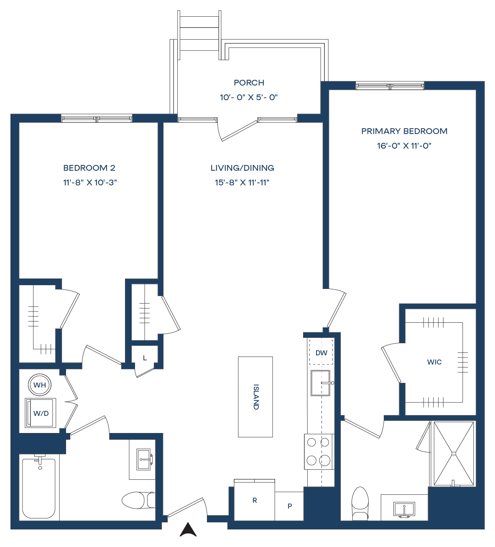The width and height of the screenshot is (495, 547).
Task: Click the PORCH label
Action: tap(249, 83)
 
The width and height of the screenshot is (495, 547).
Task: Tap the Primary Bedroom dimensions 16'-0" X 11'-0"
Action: tap(404, 146)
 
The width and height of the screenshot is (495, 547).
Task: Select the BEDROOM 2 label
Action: tap(89, 168)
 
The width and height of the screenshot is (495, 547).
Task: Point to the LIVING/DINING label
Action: tap(242, 168)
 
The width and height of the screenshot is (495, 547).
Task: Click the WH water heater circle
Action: tap(40, 385)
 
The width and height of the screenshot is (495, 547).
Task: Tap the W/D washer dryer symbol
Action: tap(41, 413)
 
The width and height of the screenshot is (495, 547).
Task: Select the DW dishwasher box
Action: tap(321, 352)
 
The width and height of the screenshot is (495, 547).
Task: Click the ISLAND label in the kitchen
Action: tap(256, 397)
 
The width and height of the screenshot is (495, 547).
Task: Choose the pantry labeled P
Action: tap(289, 506)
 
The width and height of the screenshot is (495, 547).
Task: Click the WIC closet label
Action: tap(434, 362)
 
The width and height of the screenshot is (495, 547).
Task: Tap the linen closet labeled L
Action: tap(145, 358)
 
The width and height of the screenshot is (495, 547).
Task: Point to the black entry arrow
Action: tap(188, 529)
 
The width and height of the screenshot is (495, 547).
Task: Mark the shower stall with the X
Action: tap(454, 453)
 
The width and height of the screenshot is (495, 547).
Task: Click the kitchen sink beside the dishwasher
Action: tap(321, 383)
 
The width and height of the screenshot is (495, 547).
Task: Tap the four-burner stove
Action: tap(319, 451)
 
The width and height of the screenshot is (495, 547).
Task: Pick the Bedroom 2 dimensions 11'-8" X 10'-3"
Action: tap(90, 182)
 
